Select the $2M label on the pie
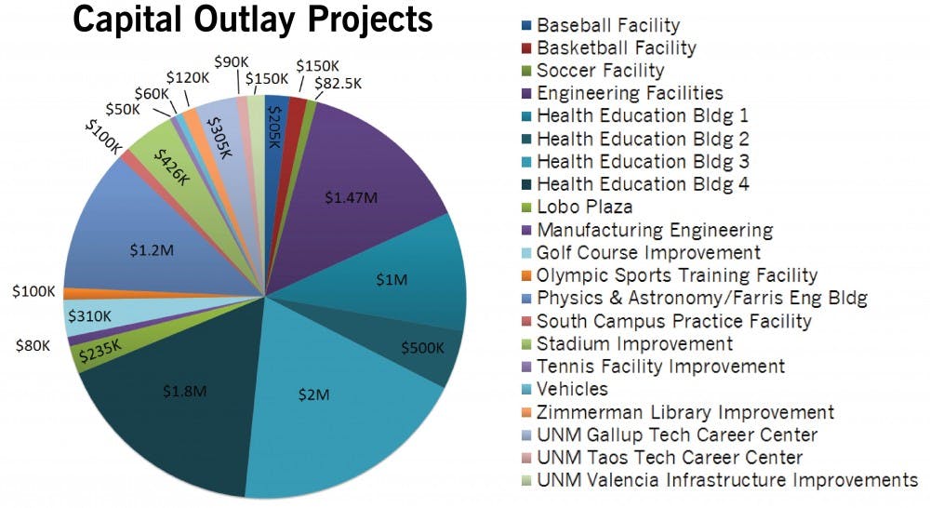pyautogui.click(x=313, y=394)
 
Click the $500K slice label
pyautogui.click(x=423, y=347)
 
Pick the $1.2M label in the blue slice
pyautogui.click(x=150, y=249)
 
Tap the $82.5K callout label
pyautogui.click(x=339, y=83)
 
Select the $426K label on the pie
pyautogui.click(x=172, y=166)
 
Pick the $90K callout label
pyautogui.click(x=231, y=61)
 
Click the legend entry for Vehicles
pyautogui.click(x=572, y=389)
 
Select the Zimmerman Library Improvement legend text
pyautogui.click(x=685, y=412)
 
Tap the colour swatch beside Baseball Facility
pyautogui.click(x=528, y=25)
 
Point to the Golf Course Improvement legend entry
pyautogui.click(x=648, y=253)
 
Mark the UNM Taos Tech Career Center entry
pyautogui.click(x=670, y=458)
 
